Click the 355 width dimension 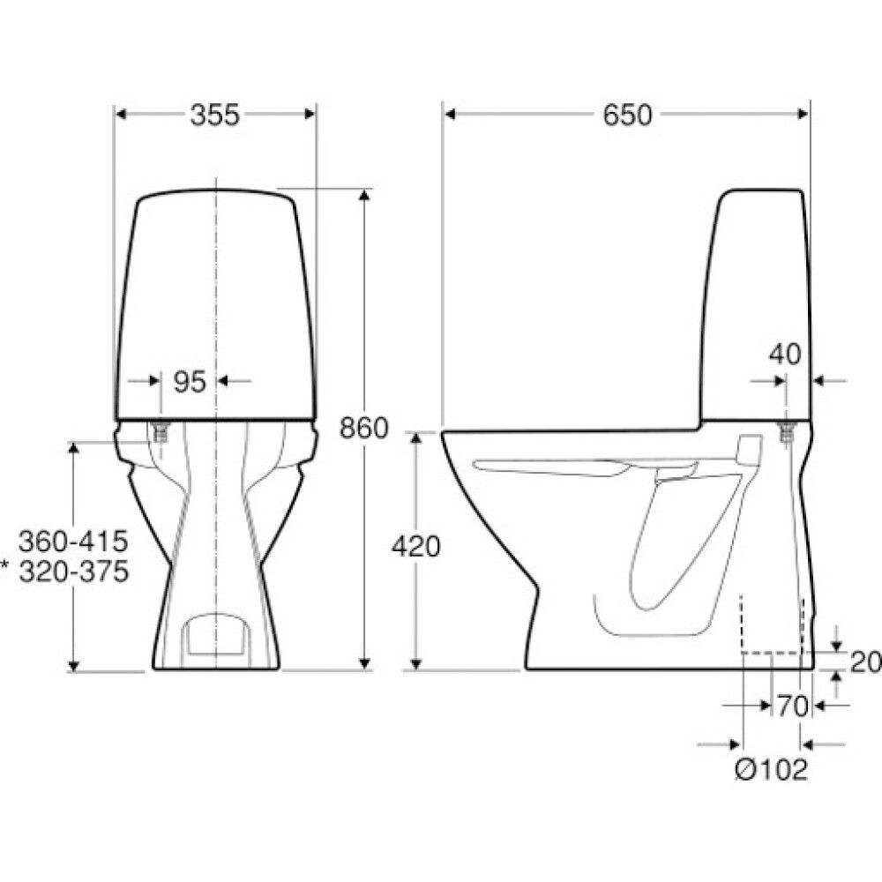click(x=215, y=115)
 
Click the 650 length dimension click(x=627, y=115)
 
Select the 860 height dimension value click(x=364, y=429)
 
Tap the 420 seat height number click(x=415, y=546)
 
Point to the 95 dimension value click(x=190, y=383)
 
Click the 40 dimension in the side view click(x=785, y=355)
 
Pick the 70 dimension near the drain click(x=793, y=706)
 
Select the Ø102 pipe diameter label click(x=772, y=769)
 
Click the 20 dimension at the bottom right click(x=866, y=662)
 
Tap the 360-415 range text click(x=73, y=542)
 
